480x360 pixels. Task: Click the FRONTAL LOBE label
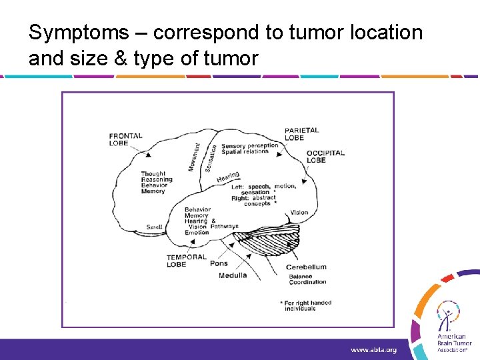tap(125, 139)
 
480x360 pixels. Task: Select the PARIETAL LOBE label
tap(301, 134)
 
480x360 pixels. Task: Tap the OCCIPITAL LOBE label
tap(325, 156)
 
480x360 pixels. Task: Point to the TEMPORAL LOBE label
tap(182, 260)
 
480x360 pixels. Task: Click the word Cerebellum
tap(306, 267)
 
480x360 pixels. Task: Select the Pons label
tap(219, 263)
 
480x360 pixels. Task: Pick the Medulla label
tap(232, 275)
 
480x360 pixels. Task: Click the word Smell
tap(154, 227)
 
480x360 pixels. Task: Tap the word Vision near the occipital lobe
tap(299, 213)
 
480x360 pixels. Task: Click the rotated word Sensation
tap(211, 159)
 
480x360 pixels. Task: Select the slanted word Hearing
tap(228, 177)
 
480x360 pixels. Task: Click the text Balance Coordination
tap(307, 279)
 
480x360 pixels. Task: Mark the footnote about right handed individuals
tap(307, 305)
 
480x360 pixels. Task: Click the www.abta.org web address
tap(373, 349)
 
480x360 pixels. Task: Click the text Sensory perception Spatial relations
tap(249, 148)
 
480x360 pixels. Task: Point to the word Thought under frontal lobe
tap(153, 174)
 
